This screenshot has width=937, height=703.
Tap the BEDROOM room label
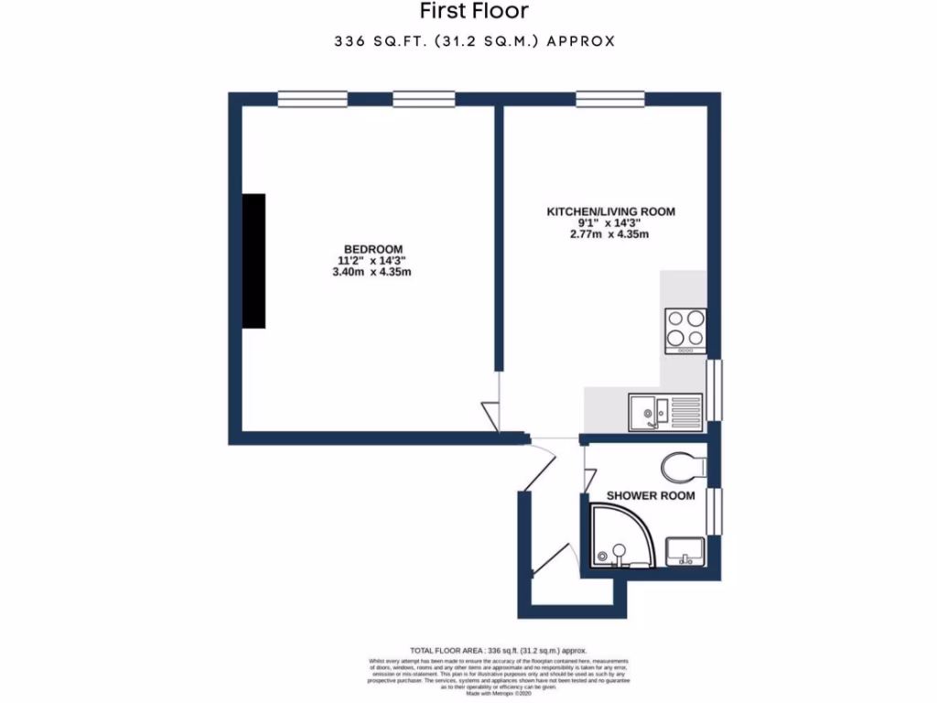373,250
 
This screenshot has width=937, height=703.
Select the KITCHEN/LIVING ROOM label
610,211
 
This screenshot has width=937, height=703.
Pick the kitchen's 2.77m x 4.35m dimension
610,235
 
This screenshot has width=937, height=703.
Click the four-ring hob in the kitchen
685,330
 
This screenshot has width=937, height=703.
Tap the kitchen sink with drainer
665,411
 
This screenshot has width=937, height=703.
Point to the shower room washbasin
684,552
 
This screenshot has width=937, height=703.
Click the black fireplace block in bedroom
253,261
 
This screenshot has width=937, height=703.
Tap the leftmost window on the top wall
312,98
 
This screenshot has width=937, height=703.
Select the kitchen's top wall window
610,98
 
